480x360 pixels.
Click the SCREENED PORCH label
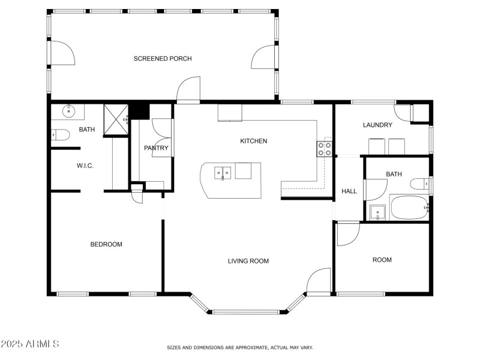pos(163,58)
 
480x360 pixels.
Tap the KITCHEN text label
pos(253,141)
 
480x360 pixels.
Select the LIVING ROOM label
pos(248,261)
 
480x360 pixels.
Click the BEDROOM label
pos(106,244)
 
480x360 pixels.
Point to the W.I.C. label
pos(85,166)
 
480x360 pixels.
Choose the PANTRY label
pos(156,148)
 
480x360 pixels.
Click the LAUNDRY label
pos(377,125)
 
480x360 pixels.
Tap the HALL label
pos(349,191)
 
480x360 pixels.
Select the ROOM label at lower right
pos(382,260)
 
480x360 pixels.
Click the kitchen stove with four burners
pos(325,148)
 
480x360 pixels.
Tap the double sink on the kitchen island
pos(223,173)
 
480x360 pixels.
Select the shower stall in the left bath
pos(116,119)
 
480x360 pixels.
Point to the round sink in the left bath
pos(69,110)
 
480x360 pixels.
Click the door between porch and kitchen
pos(188,91)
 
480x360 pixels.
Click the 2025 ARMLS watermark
pos(30,344)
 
